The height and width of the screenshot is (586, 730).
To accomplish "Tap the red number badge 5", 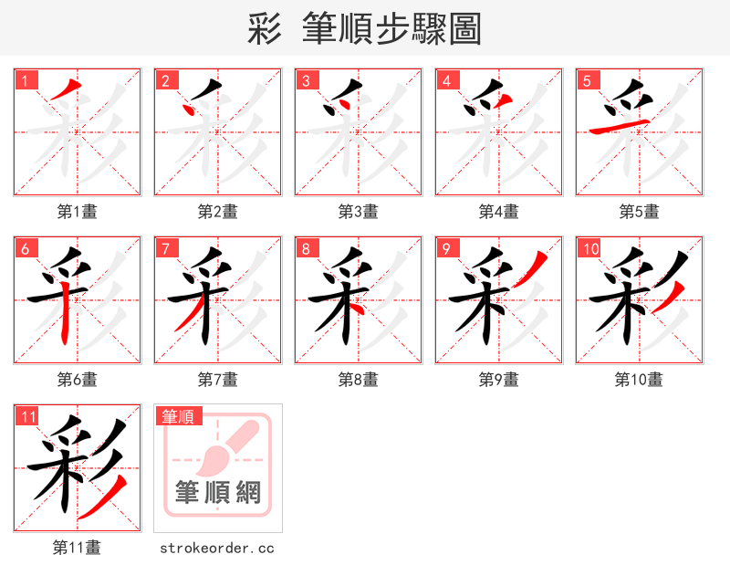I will coord(588,80).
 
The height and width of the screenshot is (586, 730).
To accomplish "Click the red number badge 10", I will coord(589,248).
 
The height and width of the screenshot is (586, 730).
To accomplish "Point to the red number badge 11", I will coord(27,416).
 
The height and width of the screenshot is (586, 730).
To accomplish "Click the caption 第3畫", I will coord(358,212).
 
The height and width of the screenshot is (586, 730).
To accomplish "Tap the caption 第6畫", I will coord(77,380).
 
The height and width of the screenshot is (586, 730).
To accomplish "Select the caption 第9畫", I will coord(498,380).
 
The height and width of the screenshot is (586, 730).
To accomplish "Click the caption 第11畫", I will coord(77,548).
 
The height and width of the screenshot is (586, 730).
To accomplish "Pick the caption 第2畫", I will coord(217,212).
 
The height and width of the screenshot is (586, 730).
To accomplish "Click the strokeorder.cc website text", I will coord(217,549).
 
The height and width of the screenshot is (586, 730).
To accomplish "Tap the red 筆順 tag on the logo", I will coord(178,416).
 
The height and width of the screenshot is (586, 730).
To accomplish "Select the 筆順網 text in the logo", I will coord(218,493).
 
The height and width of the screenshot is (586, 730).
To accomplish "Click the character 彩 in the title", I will coord(264,29).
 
